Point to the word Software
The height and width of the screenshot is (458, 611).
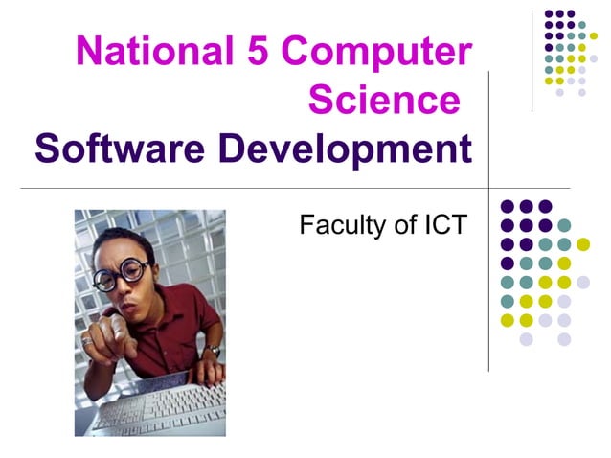point(111,149)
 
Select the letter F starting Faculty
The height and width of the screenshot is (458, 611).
point(307,226)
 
